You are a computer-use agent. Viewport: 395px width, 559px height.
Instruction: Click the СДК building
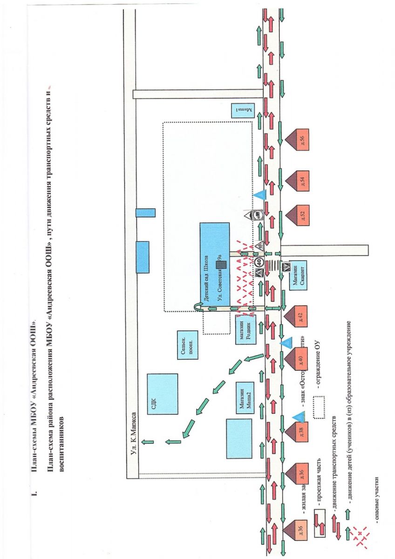[x=162, y=394]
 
